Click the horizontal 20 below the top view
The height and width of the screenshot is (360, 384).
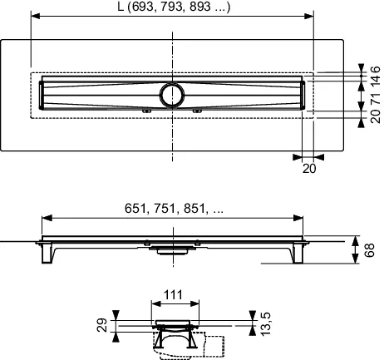coord(309,168)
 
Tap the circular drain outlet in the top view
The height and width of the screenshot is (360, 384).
coord(174,94)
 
